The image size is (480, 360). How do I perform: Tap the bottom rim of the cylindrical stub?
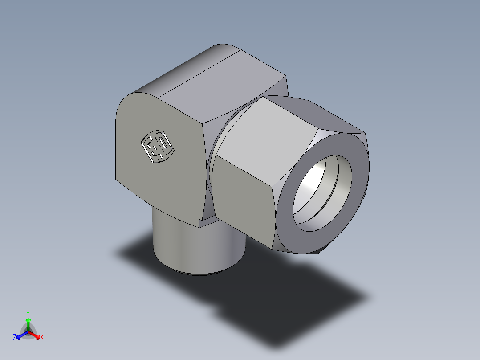coord(200,273)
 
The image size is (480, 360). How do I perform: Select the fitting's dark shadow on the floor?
coord(267,294)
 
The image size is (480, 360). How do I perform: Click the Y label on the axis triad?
coord(28,313)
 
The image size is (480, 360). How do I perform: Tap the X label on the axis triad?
coord(42,338)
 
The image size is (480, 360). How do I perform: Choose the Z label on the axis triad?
coord(15,338)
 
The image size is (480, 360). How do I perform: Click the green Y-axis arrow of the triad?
coord(28,322)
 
